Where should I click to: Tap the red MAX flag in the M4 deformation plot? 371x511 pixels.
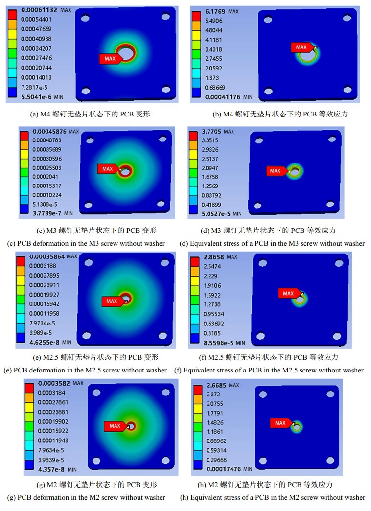[x=109, y=59]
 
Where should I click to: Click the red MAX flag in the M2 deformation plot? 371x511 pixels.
[x=115, y=426]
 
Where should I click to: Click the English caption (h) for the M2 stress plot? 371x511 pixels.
[x=272, y=497]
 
